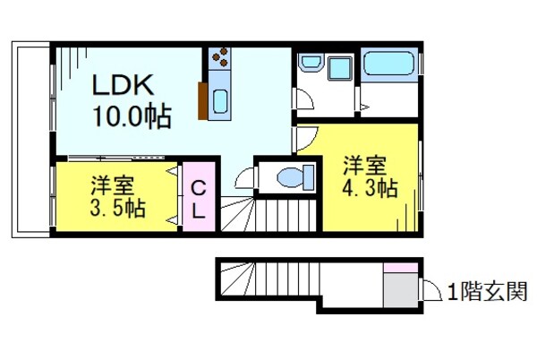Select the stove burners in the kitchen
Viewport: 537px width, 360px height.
pyautogui.click(x=219, y=60)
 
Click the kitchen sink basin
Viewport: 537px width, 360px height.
pyautogui.click(x=220, y=98)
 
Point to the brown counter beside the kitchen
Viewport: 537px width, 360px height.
pyautogui.click(x=205, y=99)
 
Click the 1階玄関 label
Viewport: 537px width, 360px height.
pyautogui.click(x=487, y=292)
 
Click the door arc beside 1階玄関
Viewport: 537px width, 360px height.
pyautogui.click(x=430, y=288)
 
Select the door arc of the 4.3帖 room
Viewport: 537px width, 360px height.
pyautogui.click(x=304, y=138)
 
